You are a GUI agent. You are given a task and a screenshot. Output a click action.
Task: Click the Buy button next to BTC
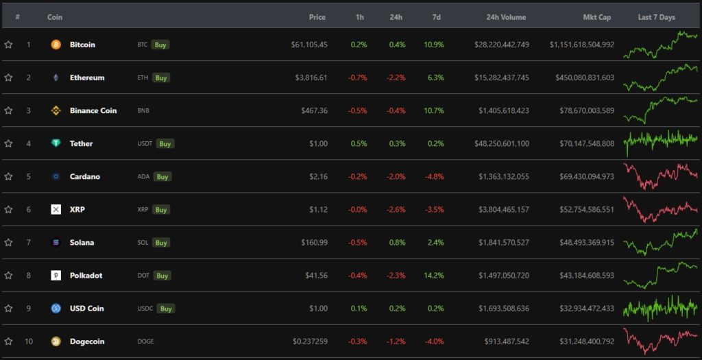[161, 45]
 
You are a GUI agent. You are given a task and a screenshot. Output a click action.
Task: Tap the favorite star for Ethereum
[8, 77]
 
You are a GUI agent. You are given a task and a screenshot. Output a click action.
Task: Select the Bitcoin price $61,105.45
[309, 45]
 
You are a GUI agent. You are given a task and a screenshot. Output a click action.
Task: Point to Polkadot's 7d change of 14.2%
[434, 275]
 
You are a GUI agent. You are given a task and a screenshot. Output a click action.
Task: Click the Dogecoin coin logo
[56, 341]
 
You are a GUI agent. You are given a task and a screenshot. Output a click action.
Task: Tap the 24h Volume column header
[506, 17]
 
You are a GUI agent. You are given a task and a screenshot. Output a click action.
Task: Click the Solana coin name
[82, 242]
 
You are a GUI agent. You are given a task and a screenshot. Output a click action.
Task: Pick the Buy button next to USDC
[166, 309]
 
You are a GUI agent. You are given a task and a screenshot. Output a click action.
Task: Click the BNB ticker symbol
[143, 110]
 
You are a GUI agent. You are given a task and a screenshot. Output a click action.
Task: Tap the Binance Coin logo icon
[56, 110]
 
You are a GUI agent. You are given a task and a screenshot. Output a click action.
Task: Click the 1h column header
[360, 17]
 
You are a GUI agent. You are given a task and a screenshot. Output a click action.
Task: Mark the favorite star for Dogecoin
[8, 341]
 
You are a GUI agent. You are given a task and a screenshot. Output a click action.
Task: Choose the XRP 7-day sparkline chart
[660, 208]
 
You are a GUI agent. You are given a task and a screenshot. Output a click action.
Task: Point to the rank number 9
[29, 308]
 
